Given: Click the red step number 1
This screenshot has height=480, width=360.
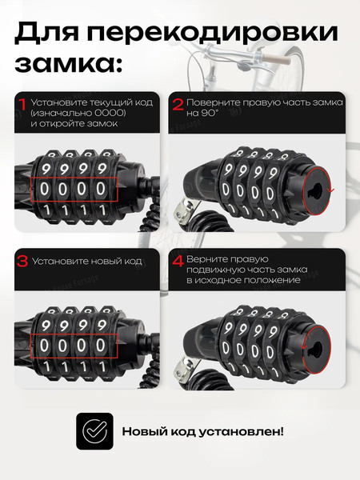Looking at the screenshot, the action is click(23, 104).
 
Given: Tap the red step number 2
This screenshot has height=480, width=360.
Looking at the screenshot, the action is click(178, 104).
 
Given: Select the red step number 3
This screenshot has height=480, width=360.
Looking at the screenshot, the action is click(22, 262).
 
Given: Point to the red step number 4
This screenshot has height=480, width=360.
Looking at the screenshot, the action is click(178, 262).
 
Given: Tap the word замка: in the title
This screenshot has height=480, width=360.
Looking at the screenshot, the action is click(69, 63).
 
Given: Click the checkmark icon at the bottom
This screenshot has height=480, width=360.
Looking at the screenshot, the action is click(94, 431).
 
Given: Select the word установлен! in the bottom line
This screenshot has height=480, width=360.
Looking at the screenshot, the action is click(242, 432).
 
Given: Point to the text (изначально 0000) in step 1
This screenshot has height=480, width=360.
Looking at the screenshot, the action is click(78, 113).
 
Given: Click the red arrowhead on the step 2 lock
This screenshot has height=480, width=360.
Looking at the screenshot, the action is click(330, 190).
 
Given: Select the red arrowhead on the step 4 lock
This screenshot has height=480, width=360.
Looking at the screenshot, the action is click(304, 346).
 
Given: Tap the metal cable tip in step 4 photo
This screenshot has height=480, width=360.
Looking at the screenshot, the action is click(184, 370).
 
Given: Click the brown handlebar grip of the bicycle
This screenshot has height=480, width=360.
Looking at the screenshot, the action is click(277, 58).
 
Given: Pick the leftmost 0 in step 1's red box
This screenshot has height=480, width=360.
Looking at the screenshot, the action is click(44, 189).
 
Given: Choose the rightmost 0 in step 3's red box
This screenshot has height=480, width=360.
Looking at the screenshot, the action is click(101, 346).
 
